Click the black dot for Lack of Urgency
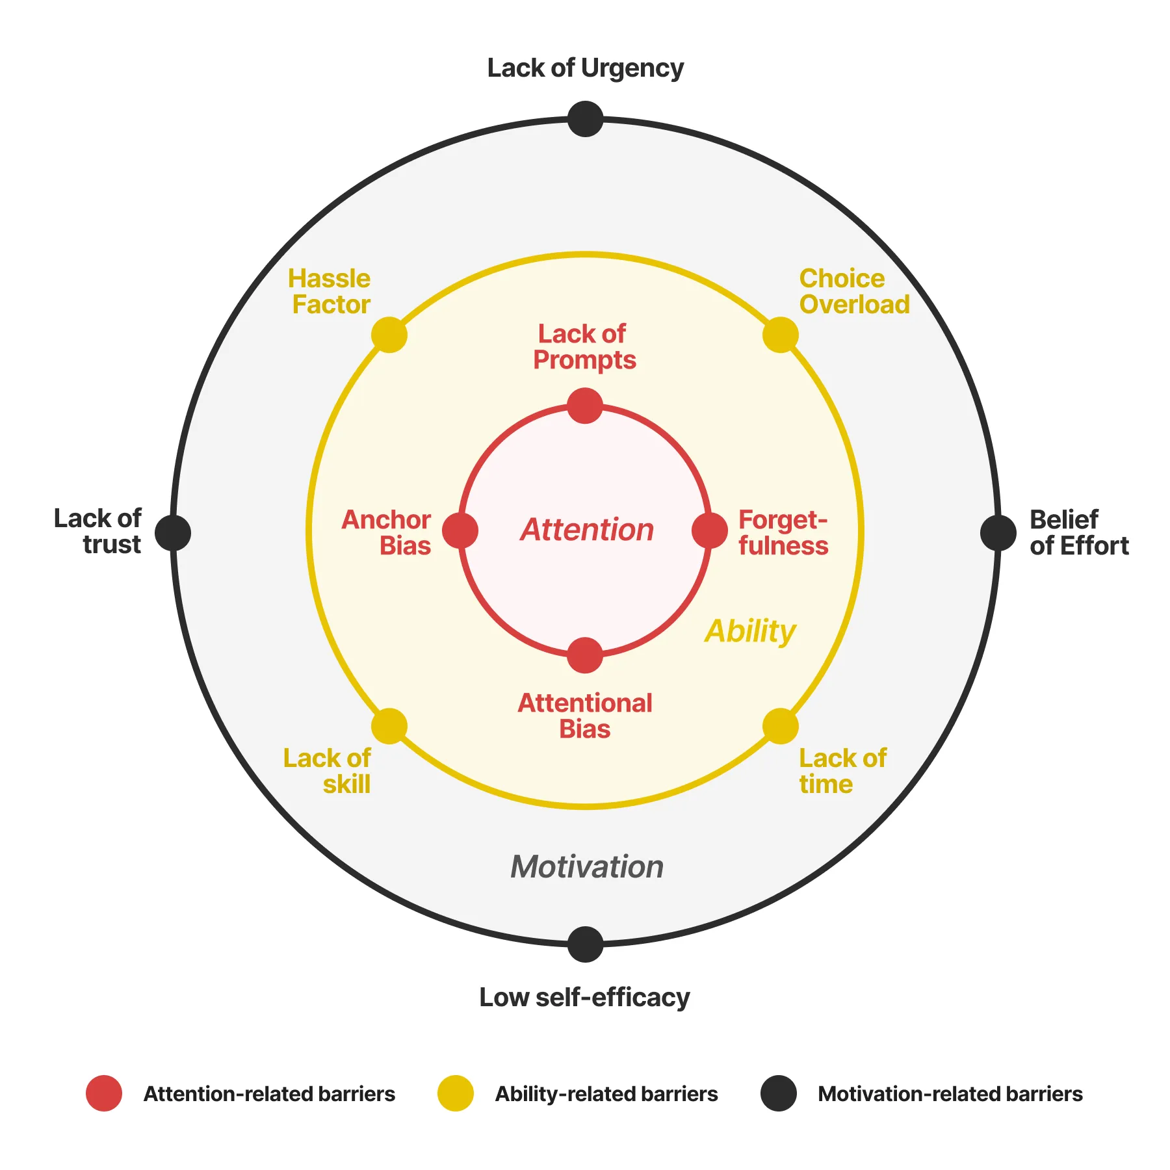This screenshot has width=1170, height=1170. tap(585, 119)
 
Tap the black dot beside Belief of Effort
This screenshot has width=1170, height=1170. tap(998, 532)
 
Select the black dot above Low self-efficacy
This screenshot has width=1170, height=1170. tap(585, 944)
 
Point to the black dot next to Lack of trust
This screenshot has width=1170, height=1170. tap(173, 532)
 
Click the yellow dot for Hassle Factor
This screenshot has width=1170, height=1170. tap(389, 335)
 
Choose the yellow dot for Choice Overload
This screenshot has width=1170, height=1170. tap(780, 335)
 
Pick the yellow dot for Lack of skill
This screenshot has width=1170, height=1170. tap(389, 726)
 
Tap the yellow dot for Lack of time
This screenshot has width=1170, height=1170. tap(780, 726)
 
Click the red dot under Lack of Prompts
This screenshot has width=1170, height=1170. tap(585, 406)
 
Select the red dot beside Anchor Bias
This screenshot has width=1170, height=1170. tap(460, 530)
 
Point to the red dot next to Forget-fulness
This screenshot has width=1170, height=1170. tap(710, 530)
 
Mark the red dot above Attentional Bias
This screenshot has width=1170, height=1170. tap(585, 655)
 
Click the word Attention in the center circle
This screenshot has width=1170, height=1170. tap(587, 530)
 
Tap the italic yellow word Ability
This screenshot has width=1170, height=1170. tap(750, 631)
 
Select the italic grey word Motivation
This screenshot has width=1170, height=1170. tap(587, 866)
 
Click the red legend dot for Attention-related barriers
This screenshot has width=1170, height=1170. tap(104, 1093)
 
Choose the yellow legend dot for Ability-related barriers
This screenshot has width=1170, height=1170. tap(455, 1093)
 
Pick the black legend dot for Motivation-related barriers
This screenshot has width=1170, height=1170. tap(779, 1093)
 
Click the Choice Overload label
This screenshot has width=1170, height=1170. tap(853, 291)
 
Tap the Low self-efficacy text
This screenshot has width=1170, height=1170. tap(584, 997)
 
